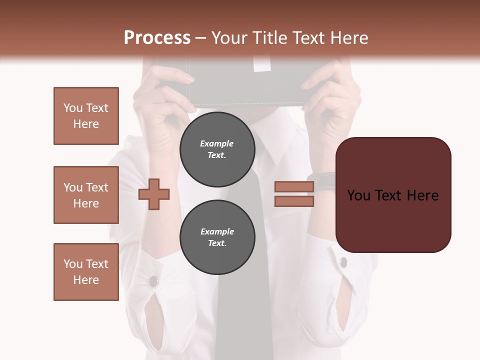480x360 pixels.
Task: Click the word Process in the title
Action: (x=157, y=38)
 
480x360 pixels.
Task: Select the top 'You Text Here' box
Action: (x=86, y=116)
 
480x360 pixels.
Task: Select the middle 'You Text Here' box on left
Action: (x=86, y=195)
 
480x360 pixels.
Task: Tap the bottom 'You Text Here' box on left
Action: (x=86, y=272)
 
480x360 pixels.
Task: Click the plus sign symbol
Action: (x=154, y=194)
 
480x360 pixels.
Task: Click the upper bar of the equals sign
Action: (x=294, y=186)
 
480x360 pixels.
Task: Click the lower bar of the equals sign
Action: (x=294, y=201)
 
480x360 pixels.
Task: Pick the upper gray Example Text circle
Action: (x=217, y=149)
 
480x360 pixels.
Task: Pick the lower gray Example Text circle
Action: (x=217, y=237)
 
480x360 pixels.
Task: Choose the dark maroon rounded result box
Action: (x=393, y=194)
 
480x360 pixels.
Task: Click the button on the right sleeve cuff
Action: (x=343, y=261)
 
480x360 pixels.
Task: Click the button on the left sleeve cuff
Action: (x=153, y=281)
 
